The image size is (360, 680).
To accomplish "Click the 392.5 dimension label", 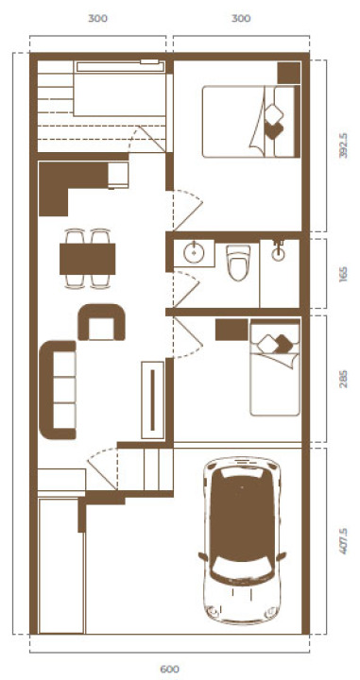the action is tap(343, 145).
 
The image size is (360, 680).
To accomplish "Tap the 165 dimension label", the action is tap(343, 274).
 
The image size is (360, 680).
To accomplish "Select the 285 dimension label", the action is tap(343, 379).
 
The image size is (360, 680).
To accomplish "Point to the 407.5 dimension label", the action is tap(343, 541).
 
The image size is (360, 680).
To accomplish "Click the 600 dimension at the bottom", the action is tap(169, 670).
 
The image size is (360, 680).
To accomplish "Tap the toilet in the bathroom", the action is tap(238, 262).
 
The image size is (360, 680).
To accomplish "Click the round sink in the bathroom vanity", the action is tap(194, 253).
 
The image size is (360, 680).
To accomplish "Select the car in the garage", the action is tap(242, 540).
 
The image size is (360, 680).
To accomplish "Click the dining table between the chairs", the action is tap(87, 259).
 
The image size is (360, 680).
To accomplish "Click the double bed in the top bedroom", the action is tap(251, 121).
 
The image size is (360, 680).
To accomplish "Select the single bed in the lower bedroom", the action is tap(275, 367).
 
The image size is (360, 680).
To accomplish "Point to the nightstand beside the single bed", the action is tap(231, 330).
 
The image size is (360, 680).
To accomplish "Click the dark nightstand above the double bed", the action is tap(289, 73).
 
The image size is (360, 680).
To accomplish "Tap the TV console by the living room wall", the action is tap(153, 399).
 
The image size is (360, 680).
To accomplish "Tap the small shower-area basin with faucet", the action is tap(279, 253).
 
